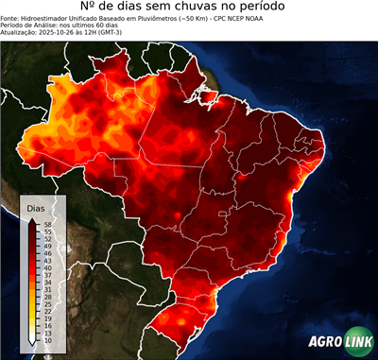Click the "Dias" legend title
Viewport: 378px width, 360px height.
click(x=36, y=207)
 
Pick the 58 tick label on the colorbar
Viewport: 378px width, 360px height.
click(x=47, y=223)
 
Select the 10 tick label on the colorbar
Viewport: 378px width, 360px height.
click(x=47, y=340)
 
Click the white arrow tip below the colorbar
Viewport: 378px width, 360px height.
click(x=34, y=347)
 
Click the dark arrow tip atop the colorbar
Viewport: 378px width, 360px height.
click(x=34, y=217)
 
